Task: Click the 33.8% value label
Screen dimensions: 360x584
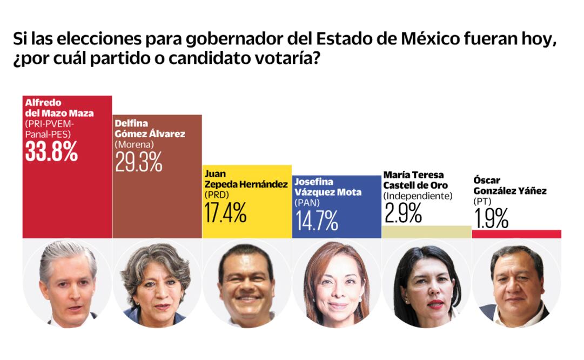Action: pos(51,152)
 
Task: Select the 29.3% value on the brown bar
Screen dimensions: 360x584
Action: pos(139,162)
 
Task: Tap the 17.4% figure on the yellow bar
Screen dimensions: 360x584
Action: pos(225,212)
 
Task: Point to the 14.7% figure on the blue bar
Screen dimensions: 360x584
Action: pos(316,220)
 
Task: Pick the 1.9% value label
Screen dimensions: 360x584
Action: pos(491,218)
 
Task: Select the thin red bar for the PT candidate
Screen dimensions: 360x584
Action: pos(516,234)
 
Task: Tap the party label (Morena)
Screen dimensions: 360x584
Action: pos(135,145)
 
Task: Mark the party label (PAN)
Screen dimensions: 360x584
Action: pos(308,203)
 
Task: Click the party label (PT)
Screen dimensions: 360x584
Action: pos(482,201)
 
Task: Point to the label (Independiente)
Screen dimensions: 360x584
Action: pos(417,196)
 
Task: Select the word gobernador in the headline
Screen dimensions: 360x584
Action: pos(234,39)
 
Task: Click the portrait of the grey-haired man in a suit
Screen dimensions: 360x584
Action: pos(68,284)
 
